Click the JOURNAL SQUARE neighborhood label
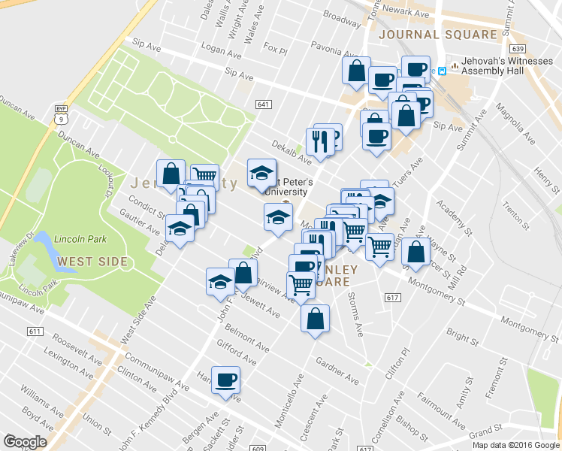tap(438, 35)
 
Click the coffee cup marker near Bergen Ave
tap(225, 380)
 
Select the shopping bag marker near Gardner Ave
tap(315, 318)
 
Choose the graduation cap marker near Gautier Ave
tap(180, 228)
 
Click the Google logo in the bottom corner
tap(24, 441)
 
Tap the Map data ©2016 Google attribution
tap(516, 445)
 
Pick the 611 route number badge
tap(34, 331)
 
